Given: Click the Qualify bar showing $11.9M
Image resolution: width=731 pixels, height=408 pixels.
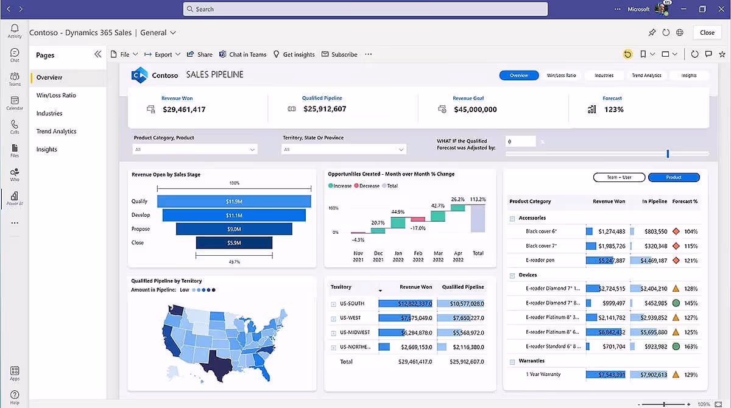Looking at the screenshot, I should (234, 202).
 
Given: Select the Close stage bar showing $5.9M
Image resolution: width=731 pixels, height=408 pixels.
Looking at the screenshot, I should (234, 242).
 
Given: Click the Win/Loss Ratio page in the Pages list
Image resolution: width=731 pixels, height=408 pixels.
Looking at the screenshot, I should (56, 96).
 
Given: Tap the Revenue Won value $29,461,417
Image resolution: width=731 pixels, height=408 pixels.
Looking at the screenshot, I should (184, 110).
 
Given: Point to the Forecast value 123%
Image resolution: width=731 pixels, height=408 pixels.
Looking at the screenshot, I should (613, 110).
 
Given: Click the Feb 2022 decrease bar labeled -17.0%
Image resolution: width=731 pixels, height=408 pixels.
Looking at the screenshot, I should (418, 219).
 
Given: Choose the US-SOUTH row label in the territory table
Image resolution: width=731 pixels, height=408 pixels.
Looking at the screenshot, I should (351, 303).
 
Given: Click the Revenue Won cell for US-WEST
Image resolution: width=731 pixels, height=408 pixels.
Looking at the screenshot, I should (405, 318).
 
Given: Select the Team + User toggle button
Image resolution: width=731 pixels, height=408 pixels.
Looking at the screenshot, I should (618, 177).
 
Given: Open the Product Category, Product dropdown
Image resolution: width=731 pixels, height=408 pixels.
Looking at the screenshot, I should (195, 149).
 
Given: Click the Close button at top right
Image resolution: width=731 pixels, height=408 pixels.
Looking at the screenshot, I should (707, 32).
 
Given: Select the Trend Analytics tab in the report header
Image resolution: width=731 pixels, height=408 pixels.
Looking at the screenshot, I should (646, 76).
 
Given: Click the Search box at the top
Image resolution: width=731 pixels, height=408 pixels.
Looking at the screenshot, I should (365, 9).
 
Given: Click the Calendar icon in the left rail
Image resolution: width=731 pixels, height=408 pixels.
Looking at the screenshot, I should (15, 102).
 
